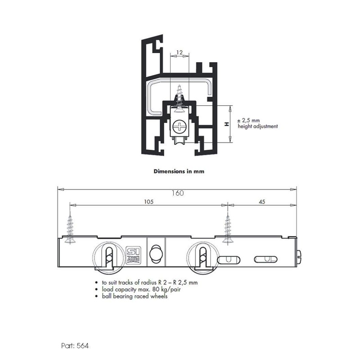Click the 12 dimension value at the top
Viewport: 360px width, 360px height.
pyautogui.click(x=179, y=53)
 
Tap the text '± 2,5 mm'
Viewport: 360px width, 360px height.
pyautogui.click(x=248, y=121)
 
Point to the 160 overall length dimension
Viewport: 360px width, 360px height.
pyautogui.click(x=178, y=193)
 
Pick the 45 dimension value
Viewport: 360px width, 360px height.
pyautogui.click(x=261, y=202)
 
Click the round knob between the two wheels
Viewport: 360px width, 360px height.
pyautogui.click(x=155, y=252)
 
